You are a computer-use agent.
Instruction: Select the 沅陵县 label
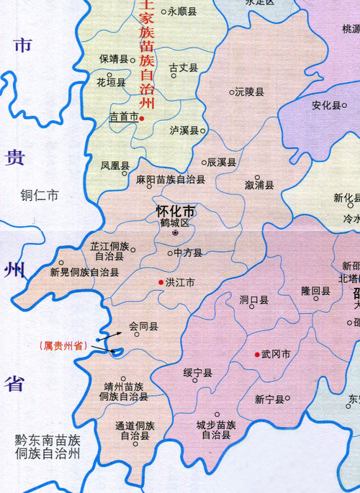click(x=250, y=92)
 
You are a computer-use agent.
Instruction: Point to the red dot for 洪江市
click(x=161, y=283)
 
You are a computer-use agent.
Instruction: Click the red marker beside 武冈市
click(x=257, y=354)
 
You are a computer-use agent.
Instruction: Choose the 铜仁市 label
click(x=40, y=195)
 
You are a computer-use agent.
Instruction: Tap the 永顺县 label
click(x=182, y=12)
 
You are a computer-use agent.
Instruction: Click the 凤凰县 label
click(x=114, y=166)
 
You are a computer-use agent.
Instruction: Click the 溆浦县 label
click(x=259, y=185)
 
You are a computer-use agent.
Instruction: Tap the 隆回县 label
click(x=315, y=291)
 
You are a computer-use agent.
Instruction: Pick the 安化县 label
click(x=325, y=105)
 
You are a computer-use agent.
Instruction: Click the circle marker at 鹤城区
click(x=174, y=232)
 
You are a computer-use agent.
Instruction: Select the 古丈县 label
click(x=183, y=68)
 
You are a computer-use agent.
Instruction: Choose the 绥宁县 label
click(x=197, y=373)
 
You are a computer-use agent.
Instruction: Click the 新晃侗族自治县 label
click(x=84, y=273)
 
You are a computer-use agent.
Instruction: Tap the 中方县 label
click(x=188, y=253)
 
